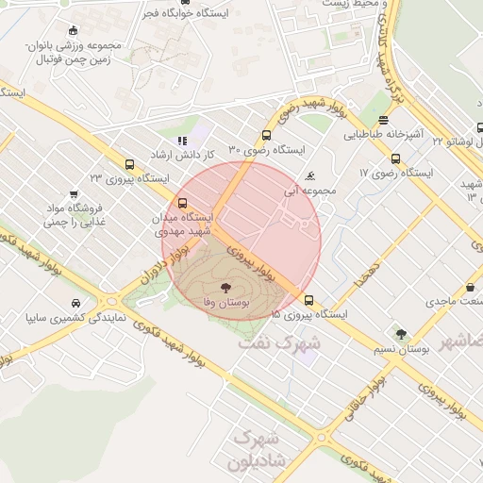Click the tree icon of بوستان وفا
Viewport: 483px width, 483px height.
click(x=225, y=287)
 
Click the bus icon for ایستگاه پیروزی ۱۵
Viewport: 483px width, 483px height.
click(x=308, y=300)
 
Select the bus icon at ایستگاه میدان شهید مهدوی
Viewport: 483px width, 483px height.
click(x=182, y=203)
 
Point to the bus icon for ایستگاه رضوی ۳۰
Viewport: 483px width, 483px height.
click(x=266, y=135)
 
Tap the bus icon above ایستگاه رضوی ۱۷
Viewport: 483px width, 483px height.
click(x=394, y=158)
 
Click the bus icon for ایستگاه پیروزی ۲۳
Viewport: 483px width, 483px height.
click(x=129, y=162)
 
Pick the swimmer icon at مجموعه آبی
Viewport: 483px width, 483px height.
click(x=310, y=176)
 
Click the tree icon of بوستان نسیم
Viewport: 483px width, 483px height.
click(x=401, y=334)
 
